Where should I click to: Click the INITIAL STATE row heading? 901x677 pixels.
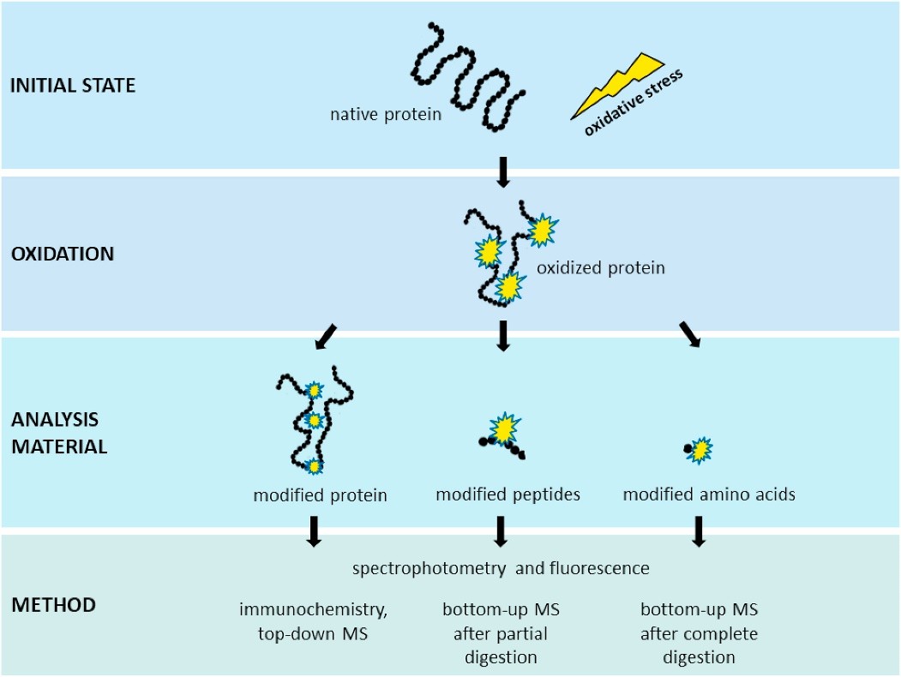point(73,86)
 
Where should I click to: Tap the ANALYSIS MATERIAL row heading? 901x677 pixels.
point(59,433)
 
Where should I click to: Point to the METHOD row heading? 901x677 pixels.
point(53,604)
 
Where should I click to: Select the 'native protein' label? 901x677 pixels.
point(386,114)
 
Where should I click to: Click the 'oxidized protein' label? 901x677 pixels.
point(600,268)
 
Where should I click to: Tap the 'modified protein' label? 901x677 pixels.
point(320,495)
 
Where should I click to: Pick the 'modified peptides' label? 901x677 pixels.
point(508,494)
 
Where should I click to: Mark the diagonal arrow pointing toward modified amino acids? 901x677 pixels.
point(689,335)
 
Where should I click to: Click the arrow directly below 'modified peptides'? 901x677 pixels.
point(502,531)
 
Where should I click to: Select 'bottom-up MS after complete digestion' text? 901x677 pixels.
point(699,634)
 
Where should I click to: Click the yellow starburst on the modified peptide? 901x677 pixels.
point(504,426)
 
